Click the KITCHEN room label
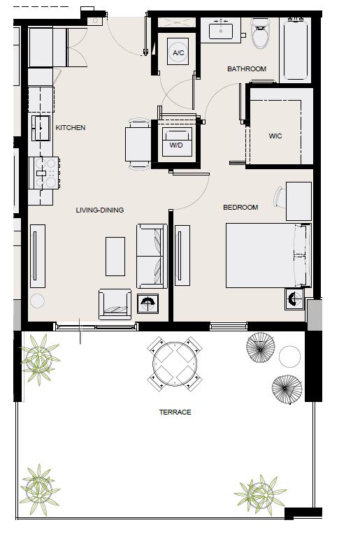click(71, 127)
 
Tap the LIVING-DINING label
click(100, 210)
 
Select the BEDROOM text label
click(240, 208)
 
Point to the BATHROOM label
click(247, 69)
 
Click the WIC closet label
click(275, 136)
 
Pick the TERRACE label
click(175, 412)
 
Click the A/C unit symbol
click(178, 52)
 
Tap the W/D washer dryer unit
click(177, 142)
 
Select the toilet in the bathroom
click(261, 34)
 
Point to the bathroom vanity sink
click(221, 29)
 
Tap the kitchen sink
click(41, 128)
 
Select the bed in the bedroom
click(268, 255)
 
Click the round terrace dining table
click(175, 364)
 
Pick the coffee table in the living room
click(115, 256)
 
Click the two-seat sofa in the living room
click(152, 256)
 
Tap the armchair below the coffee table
click(115, 304)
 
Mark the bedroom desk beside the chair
click(298, 201)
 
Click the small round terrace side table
click(289, 357)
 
